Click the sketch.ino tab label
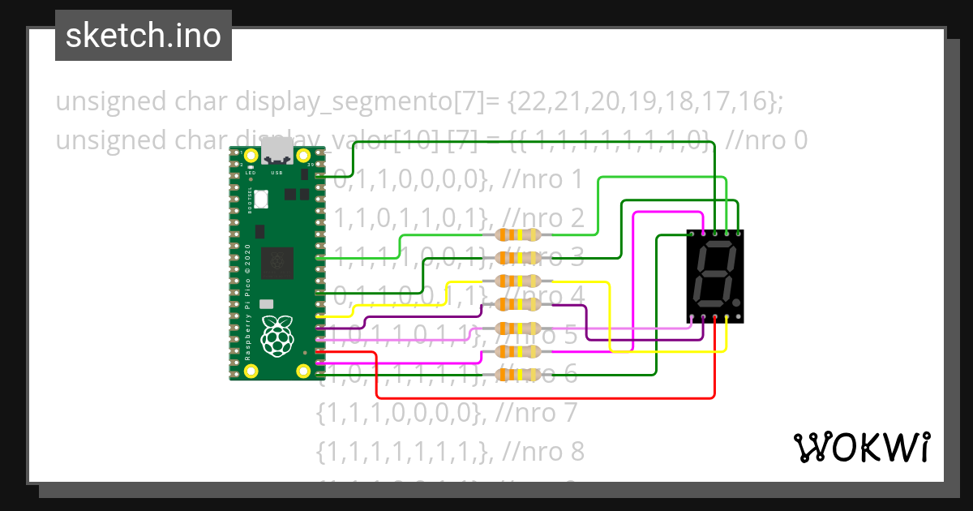click(x=143, y=36)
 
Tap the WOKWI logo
click(x=861, y=447)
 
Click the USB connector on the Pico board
click(x=277, y=150)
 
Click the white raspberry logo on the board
click(x=277, y=335)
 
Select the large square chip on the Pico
click(x=277, y=260)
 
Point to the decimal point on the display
click(x=735, y=289)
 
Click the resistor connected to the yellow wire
click(x=517, y=281)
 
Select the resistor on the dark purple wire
click(x=517, y=305)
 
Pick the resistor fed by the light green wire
click(x=517, y=235)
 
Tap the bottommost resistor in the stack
click(x=517, y=375)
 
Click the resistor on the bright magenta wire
click(x=517, y=351)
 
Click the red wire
click(x=543, y=397)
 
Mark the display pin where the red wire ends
click(x=715, y=317)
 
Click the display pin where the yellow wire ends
click(x=727, y=317)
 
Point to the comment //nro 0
click(x=767, y=140)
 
